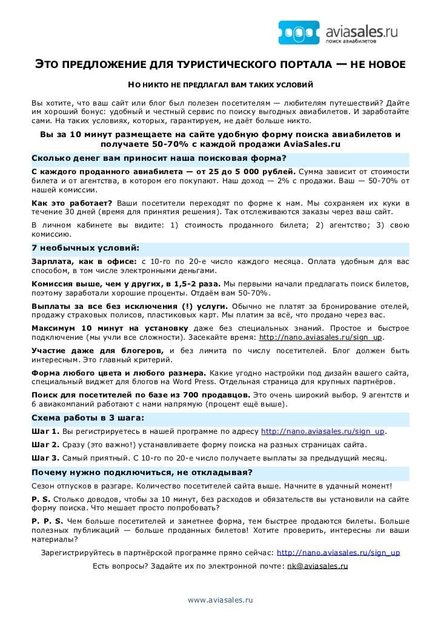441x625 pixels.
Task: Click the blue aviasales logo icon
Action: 297,32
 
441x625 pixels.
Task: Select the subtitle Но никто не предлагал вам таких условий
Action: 220,85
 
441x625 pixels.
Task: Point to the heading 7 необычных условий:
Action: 85,248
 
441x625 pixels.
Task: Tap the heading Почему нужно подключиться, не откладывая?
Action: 142,472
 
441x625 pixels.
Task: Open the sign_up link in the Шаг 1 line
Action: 323,431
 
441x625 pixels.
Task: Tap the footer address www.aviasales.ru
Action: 220,600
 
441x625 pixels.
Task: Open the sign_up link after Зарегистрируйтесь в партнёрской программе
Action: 338,553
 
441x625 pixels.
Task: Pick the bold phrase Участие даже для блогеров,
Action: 98,351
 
